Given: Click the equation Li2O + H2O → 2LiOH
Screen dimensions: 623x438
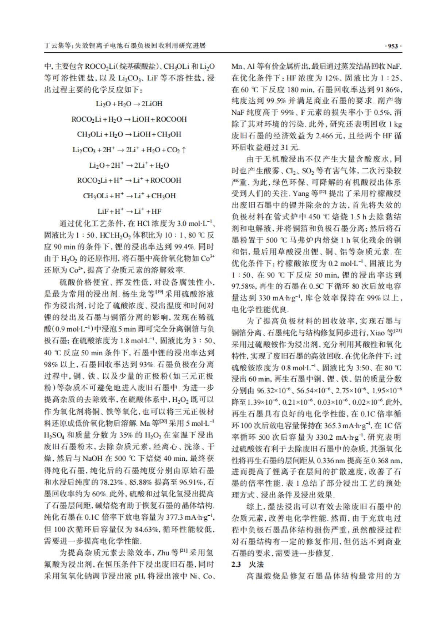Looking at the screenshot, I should coord(129,104).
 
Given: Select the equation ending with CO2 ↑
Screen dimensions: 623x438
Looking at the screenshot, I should coord(129,150).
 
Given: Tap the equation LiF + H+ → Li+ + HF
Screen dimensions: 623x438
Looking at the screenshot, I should coord(129,211).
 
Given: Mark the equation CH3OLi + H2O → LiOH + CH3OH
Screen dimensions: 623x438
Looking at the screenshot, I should coord(129,134).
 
